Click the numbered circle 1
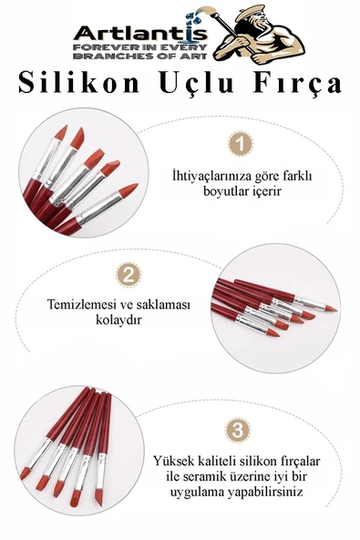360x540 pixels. point(239,143)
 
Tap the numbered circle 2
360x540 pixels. point(129,275)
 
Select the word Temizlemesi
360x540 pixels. point(85,306)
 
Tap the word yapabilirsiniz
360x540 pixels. point(274,492)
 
